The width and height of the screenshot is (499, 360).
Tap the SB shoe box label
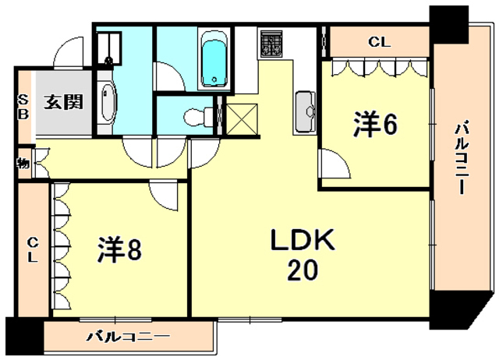point(23,107)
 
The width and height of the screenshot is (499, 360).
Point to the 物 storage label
point(23,164)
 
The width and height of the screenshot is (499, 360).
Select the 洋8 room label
point(119,251)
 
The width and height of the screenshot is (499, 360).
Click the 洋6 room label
point(377,125)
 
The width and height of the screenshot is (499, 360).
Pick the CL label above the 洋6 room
point(380,42)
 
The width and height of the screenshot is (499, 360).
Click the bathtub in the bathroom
point(212,60)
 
